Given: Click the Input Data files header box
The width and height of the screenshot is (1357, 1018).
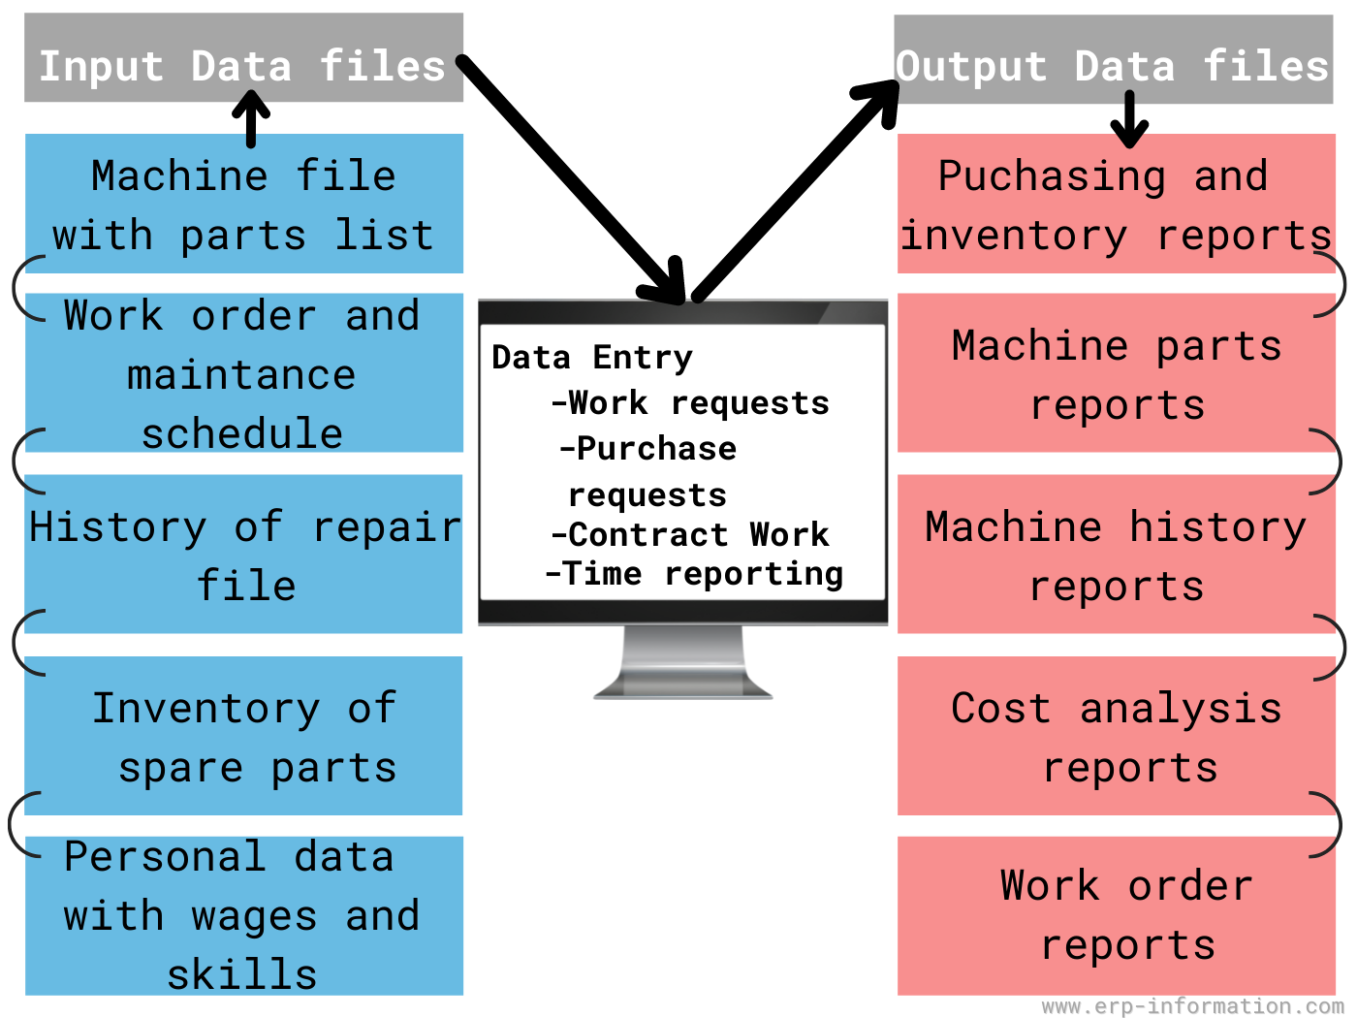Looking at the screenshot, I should tap(242, 58).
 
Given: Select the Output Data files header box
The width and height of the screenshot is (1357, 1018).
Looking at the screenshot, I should tap(1113, 60).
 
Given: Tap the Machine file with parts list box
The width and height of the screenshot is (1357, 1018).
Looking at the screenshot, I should tap(243, 205).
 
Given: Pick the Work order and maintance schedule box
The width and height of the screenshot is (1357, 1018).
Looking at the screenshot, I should tap(243, 373).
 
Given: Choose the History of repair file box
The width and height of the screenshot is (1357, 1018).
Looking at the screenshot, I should tap(243, 555).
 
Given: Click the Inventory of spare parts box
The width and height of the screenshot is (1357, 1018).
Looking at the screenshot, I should tap(243, 736).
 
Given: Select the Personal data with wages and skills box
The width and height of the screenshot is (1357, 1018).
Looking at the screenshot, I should tap(243, 916).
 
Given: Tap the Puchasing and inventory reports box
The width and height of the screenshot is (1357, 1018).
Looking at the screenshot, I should tap(1115, 205).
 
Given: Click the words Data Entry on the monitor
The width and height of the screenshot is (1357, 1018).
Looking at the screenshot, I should tap(592, 357).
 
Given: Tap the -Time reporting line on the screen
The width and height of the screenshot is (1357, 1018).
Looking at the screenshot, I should tap(695, 574).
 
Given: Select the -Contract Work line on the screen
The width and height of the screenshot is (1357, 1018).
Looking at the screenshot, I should tap(690, 534).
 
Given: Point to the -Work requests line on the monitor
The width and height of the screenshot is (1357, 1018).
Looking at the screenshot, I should tap(690, 402).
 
